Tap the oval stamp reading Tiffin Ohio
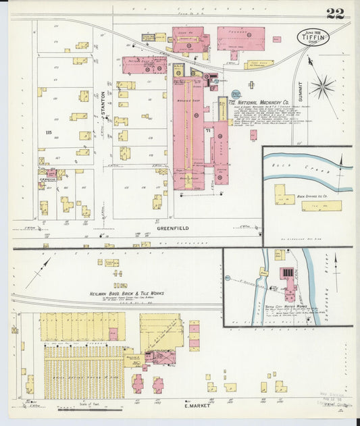(314, 38)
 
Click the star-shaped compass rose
(322, 86)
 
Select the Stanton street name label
(105, 107)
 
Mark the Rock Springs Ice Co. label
(311, 196)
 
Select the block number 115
(47, 132)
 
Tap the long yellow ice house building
(321, 205)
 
